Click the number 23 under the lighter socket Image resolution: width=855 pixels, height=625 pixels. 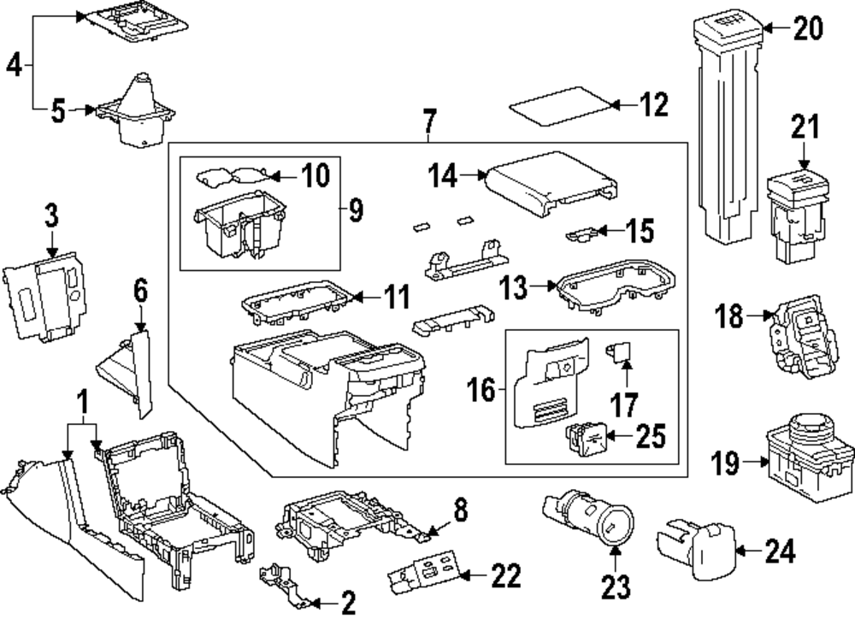point(616,587)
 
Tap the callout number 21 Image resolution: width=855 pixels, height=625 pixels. point(803,128)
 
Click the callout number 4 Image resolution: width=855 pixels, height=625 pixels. point(15,66)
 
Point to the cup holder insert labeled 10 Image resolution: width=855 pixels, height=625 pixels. point(236,177)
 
